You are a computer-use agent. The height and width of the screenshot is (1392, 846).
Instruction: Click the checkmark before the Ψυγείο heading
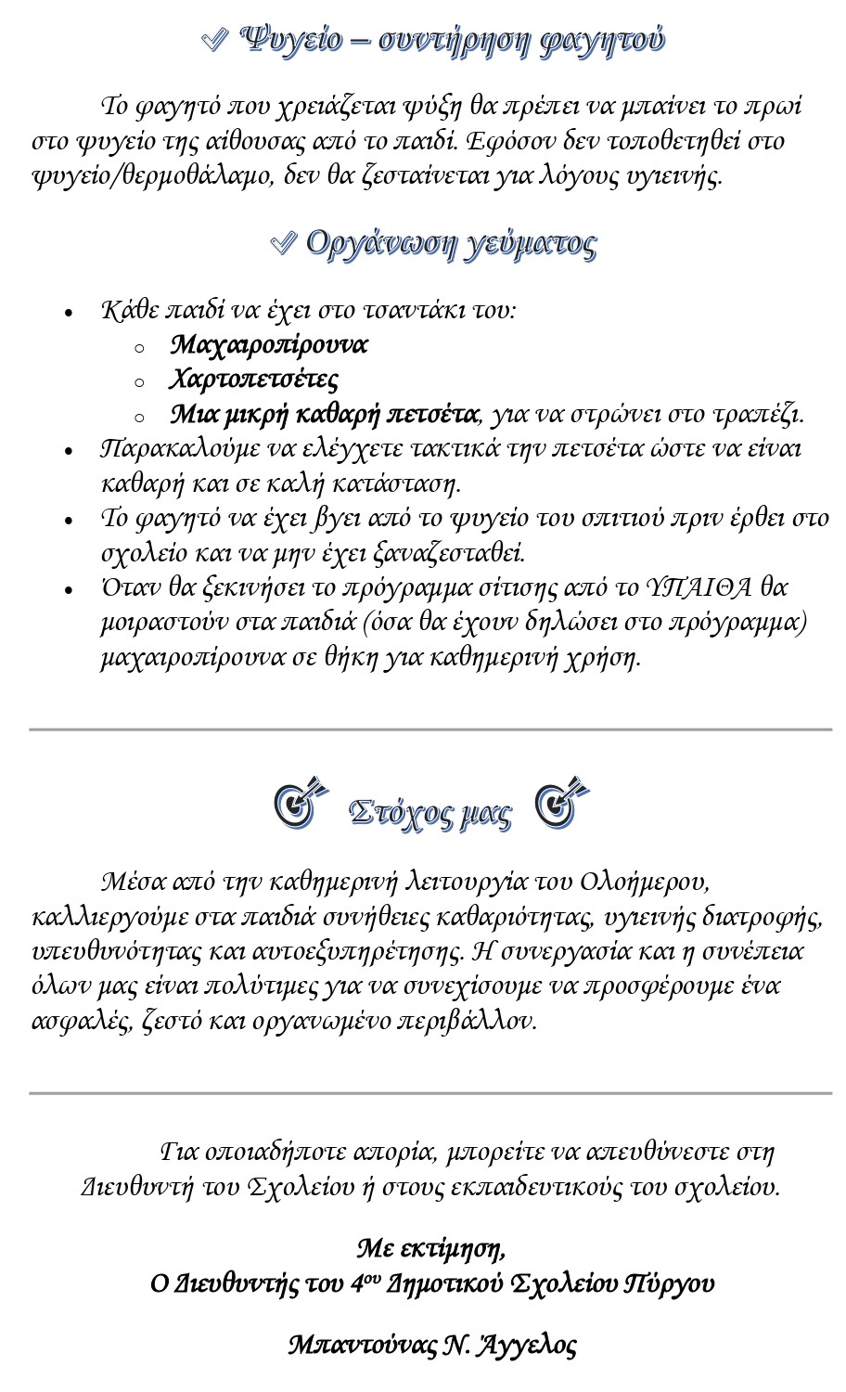click(214, 39)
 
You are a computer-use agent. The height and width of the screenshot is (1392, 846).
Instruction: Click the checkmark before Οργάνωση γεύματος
click(282, 243)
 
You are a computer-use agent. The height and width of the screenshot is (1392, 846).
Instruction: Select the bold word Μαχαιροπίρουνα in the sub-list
click(269, 345)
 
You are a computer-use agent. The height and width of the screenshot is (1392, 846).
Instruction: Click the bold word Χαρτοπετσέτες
click(254, 380)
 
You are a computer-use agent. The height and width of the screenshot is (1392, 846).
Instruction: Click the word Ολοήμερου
click(645, 881)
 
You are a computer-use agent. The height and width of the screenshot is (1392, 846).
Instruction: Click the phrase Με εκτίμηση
click(431, 1248)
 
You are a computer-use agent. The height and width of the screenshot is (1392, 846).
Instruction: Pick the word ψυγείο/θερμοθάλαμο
click(152, 176)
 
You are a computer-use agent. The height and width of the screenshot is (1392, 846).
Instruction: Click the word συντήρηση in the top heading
click(454, 40)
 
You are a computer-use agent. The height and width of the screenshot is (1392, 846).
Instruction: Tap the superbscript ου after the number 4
click(372, 1277)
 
